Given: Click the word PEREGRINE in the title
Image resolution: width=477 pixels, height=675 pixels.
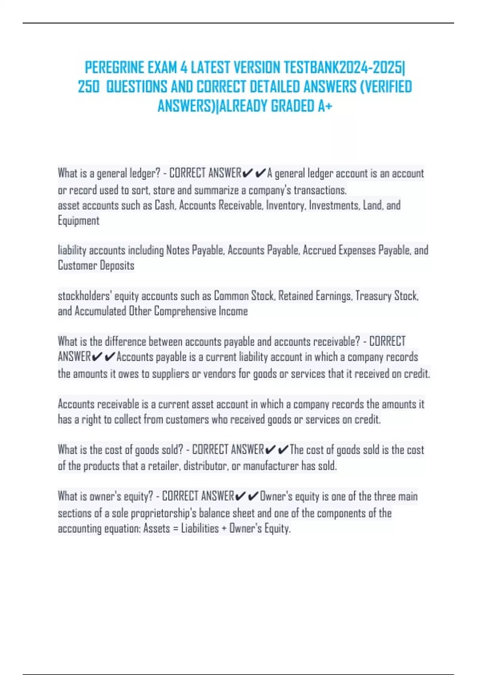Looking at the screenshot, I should click(114, 68).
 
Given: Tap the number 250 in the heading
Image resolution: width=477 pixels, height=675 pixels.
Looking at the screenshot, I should click(88, 87).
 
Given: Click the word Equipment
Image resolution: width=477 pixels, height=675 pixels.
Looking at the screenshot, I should click(78, 220).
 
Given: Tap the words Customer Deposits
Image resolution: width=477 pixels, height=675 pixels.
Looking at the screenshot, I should click(96, 265).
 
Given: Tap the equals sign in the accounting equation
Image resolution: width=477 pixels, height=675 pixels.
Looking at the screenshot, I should click(175, 529).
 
